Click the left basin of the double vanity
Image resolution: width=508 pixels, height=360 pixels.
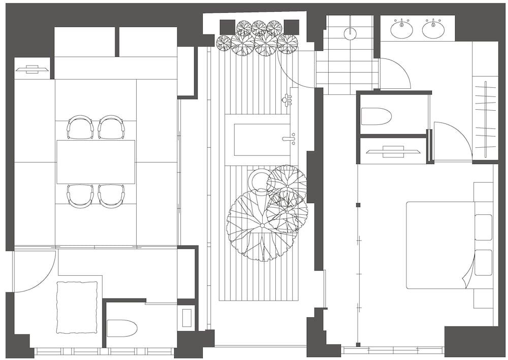point(401,29)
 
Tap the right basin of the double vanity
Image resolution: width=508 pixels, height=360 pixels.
point(433,29)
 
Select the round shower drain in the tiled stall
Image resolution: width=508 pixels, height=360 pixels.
point(350,34)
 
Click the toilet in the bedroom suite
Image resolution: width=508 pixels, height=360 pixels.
point(376,116)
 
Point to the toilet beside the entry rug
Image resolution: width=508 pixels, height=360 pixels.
point(122,328)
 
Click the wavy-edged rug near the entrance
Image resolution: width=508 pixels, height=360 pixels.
point(77,307)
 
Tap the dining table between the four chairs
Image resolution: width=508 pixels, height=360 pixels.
point(96,162)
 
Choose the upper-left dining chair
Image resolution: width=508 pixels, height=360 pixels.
point(80,127)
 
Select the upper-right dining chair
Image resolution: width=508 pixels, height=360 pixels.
point(111,127)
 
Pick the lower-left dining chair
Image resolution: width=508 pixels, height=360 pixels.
point(80,195)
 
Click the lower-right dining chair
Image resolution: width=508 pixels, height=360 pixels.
point(111,195)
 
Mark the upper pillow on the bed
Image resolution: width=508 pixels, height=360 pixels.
point(483,227)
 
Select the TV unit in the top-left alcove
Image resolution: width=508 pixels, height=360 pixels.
point(32,69)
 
